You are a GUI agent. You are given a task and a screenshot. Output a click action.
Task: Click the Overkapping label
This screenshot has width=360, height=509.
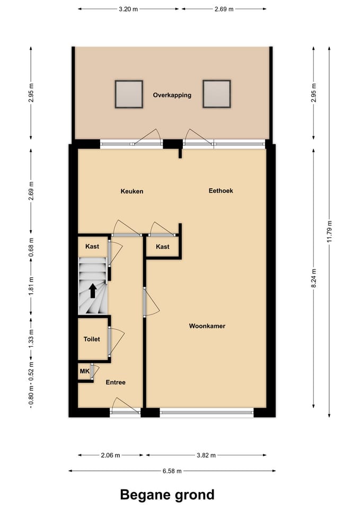172,95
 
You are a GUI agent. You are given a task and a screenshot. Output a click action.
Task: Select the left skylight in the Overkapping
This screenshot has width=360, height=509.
129,94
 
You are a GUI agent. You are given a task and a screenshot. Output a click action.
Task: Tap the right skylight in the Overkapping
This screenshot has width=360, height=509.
216,94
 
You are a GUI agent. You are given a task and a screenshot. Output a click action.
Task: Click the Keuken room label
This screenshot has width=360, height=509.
132,191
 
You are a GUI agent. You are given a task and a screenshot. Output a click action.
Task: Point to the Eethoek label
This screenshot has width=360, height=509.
221,191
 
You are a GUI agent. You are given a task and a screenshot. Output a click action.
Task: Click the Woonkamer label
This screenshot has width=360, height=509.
207,326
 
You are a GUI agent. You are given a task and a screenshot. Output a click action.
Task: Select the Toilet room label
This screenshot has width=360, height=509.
92,339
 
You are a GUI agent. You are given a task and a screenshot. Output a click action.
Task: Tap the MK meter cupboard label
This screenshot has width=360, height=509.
84,372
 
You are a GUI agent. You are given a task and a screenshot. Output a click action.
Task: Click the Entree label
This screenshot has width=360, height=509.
116,382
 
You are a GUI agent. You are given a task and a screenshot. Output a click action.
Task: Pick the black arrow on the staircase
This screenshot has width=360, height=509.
92,291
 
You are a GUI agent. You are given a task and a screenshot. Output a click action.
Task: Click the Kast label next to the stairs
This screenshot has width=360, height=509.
92,247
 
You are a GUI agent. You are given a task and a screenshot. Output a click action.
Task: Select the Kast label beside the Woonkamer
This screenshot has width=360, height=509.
163,247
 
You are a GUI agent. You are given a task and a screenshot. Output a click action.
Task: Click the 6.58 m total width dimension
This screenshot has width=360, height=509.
172,471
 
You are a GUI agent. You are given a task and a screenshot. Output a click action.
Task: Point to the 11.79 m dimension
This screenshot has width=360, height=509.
329,231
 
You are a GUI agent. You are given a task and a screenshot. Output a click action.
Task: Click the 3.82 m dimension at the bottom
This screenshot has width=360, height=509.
205,455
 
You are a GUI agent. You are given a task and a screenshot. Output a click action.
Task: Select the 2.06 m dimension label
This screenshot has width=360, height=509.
110,455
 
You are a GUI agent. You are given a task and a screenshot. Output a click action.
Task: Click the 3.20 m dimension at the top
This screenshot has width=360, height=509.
128,9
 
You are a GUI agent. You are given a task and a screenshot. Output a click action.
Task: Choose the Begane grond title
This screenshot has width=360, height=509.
167,495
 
